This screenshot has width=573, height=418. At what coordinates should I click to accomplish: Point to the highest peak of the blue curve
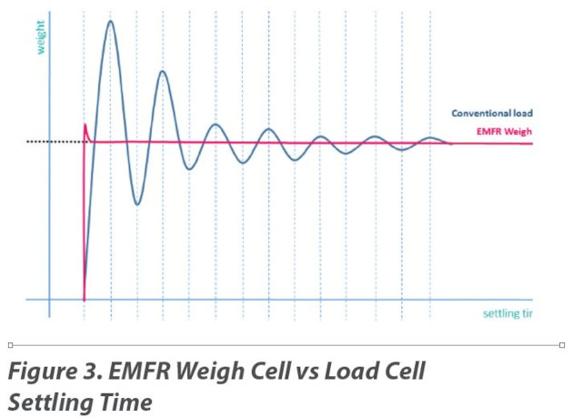pyautogui.click(x=111, y=21)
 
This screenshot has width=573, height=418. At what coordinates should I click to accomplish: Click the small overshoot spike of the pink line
pyautogui.click(x=85, y=125)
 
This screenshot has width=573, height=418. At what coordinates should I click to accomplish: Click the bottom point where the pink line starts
pyautogui.click(x=85, y=299)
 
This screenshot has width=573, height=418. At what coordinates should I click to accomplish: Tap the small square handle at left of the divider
pyautogui.click(x=10, y=345)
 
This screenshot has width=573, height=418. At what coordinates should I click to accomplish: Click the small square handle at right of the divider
pyautogui.click(x=562, y=345)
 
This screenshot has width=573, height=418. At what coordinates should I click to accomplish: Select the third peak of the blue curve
pyautogui.click(x=216, y=125)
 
